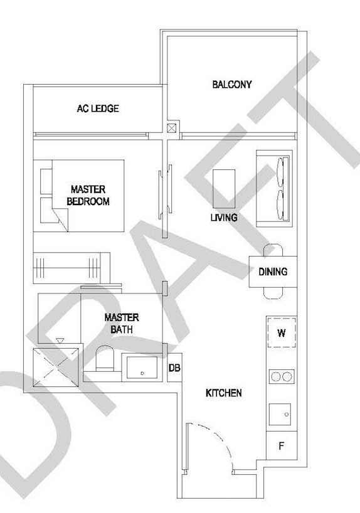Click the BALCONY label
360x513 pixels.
(x=231, y=84)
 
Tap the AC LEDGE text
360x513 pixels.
(x=98, y=108)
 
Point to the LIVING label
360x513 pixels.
(x=224, y=218)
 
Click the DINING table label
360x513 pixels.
(x=273, y=272)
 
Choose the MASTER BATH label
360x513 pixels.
(x=122, y=323)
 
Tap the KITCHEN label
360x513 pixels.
(x=224, y=393)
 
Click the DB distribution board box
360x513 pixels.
(x=174, y=368)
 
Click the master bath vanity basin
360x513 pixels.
(x=143, y=367)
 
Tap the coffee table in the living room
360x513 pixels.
(x=223, y=188)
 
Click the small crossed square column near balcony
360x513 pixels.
(x=172, y=128)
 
